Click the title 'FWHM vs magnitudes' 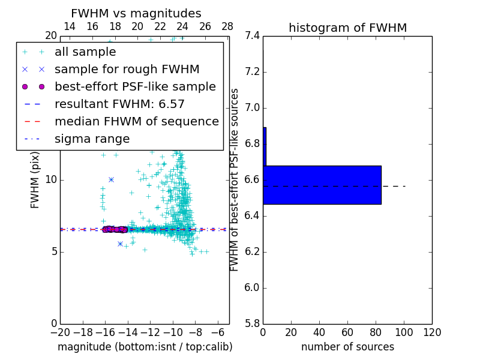tap(136, 13)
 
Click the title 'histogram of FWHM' tap(347, 28)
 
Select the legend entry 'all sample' tap(85, 52)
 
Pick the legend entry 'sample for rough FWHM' tap(127, 70)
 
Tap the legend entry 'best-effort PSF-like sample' tap(135, 87)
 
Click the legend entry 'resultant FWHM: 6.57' tap(119, 104)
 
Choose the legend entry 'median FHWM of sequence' tap(136, 122)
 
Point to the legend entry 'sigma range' tap(92, 139)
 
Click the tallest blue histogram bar tap(322, 185)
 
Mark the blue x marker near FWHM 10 tap(111, 179)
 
